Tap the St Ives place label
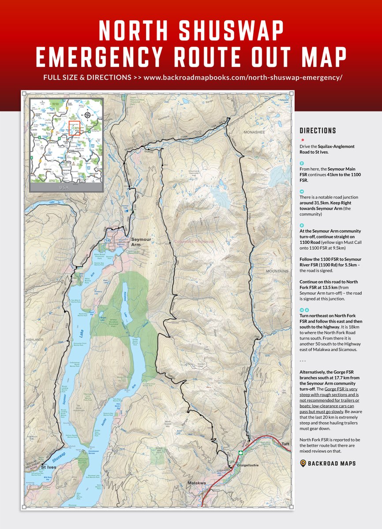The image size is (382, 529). [49, 466]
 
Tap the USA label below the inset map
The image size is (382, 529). [65, 187]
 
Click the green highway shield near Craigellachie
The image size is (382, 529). [240, 453]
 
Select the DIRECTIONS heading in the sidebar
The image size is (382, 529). [318, 131]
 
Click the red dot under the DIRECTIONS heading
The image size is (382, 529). [303, 140]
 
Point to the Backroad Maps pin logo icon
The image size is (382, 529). [303, 463]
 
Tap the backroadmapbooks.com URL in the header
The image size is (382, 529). [243, 77]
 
